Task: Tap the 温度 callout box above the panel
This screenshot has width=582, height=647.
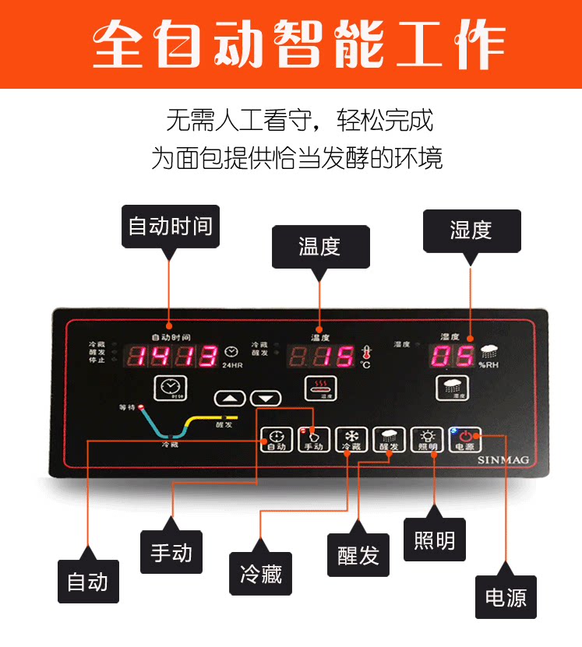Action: [x=319, y=247]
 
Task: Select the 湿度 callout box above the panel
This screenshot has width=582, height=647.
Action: [x=471, y=230]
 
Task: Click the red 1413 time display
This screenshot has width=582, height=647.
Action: [x=173, y=357]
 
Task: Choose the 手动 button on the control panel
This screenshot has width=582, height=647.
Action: [x=313, y=440]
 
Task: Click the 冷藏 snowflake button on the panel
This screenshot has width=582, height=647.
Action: [x=351, y=440]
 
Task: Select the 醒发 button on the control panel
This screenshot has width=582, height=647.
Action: [x=388, y=440]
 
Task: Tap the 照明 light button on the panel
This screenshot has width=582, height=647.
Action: [x=427, y=440]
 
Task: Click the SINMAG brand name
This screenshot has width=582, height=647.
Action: [x=502, y=460]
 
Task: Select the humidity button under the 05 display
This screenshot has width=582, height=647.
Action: [x=452, y=387]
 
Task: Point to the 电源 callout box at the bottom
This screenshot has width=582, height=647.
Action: [x=506, y=598]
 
